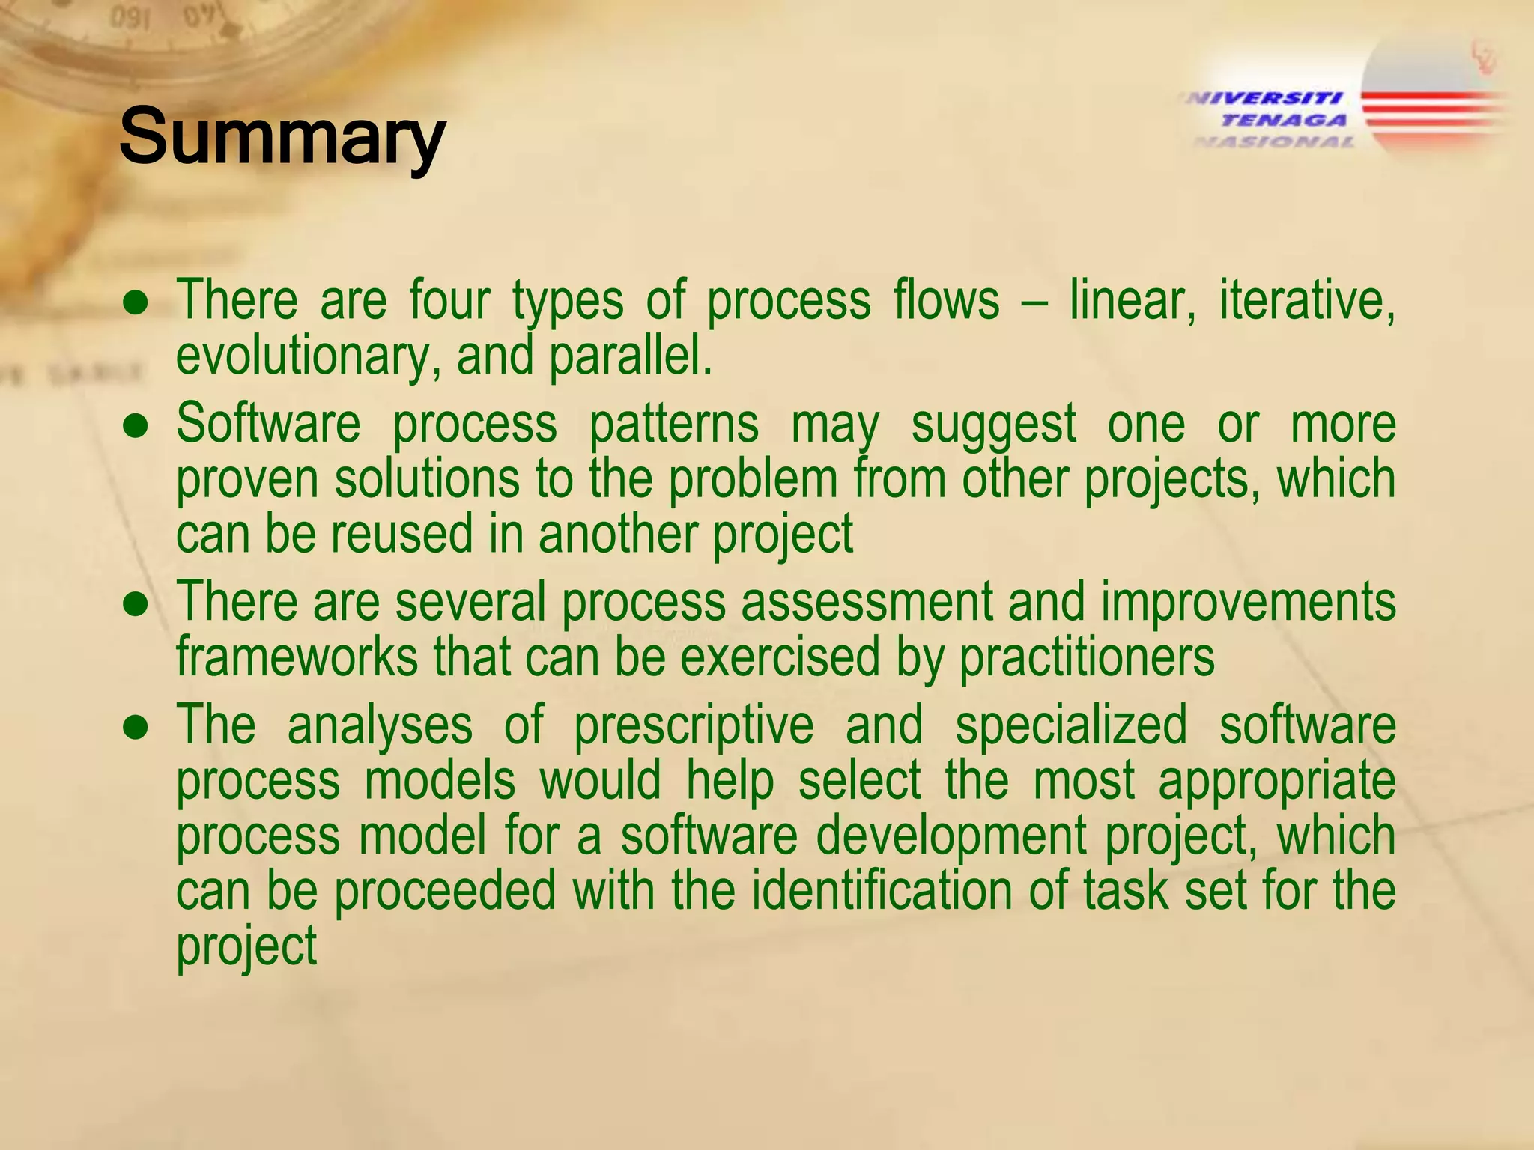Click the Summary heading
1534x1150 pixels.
click(282, 137)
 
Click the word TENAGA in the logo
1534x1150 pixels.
click(1284, 120)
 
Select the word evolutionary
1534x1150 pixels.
click(302, 358)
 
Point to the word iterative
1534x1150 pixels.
click(1306, 301)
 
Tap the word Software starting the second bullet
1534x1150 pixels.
click(268, 424)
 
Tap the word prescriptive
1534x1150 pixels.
click(694, 726)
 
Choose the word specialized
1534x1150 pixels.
click(1071, 726)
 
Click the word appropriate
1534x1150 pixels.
click(1277, 782)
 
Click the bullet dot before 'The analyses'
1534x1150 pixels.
click(136, 727)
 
